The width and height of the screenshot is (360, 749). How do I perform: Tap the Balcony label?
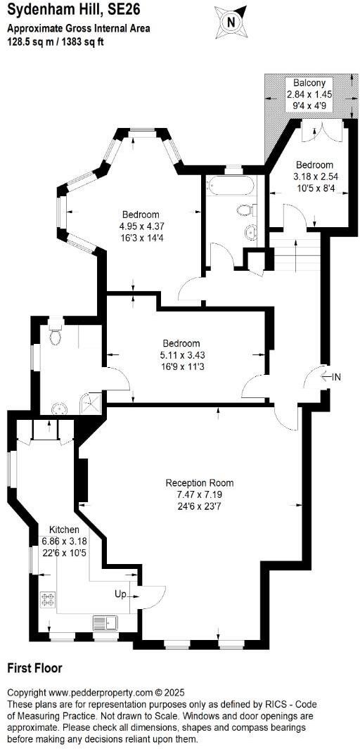[309, 82]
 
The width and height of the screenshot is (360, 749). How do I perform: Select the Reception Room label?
[200, 483]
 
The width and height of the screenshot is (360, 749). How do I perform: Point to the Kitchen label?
[64, 530]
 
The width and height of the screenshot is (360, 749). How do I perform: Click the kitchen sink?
[107, 622]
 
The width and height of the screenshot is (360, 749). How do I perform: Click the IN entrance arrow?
[329, 377]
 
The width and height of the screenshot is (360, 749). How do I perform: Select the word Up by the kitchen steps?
[121, 594]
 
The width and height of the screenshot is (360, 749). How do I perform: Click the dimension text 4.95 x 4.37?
[141, 226]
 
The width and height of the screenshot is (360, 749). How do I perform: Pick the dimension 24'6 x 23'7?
[200, 506]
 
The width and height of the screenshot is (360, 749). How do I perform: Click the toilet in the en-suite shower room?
[56, 336]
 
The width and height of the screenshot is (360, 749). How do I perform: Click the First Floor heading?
[34, 668]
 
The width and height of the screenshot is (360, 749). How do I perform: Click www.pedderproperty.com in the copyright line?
[101, 693]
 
